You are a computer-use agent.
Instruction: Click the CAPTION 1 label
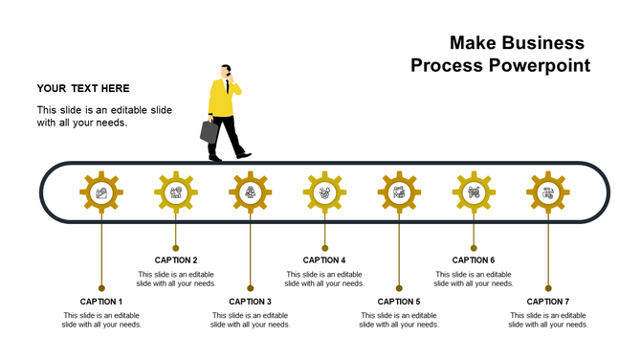(101, 302)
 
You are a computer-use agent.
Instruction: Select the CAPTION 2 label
(176, 259)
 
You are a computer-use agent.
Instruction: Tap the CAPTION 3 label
(250, 302)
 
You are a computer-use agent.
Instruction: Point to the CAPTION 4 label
(324, 259)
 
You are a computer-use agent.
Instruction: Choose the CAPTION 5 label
(399, 302)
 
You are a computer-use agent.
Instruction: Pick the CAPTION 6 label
(474, 259)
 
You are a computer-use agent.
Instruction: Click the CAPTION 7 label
(548, 302)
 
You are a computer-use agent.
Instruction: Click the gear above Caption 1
(101, 192)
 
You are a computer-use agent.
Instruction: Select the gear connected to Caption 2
(176, 192)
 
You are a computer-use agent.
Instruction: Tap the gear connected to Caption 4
(324, 192)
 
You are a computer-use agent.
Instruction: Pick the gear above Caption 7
(548, 192)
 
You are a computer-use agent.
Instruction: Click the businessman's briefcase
(210, 132)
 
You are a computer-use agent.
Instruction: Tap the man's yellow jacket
(223, 99)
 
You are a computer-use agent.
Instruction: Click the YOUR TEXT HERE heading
(83, 88)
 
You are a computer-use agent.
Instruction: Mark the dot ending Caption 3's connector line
(250, 287)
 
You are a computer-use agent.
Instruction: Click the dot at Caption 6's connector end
(474, 247)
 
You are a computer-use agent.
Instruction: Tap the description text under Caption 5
(399, 320)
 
